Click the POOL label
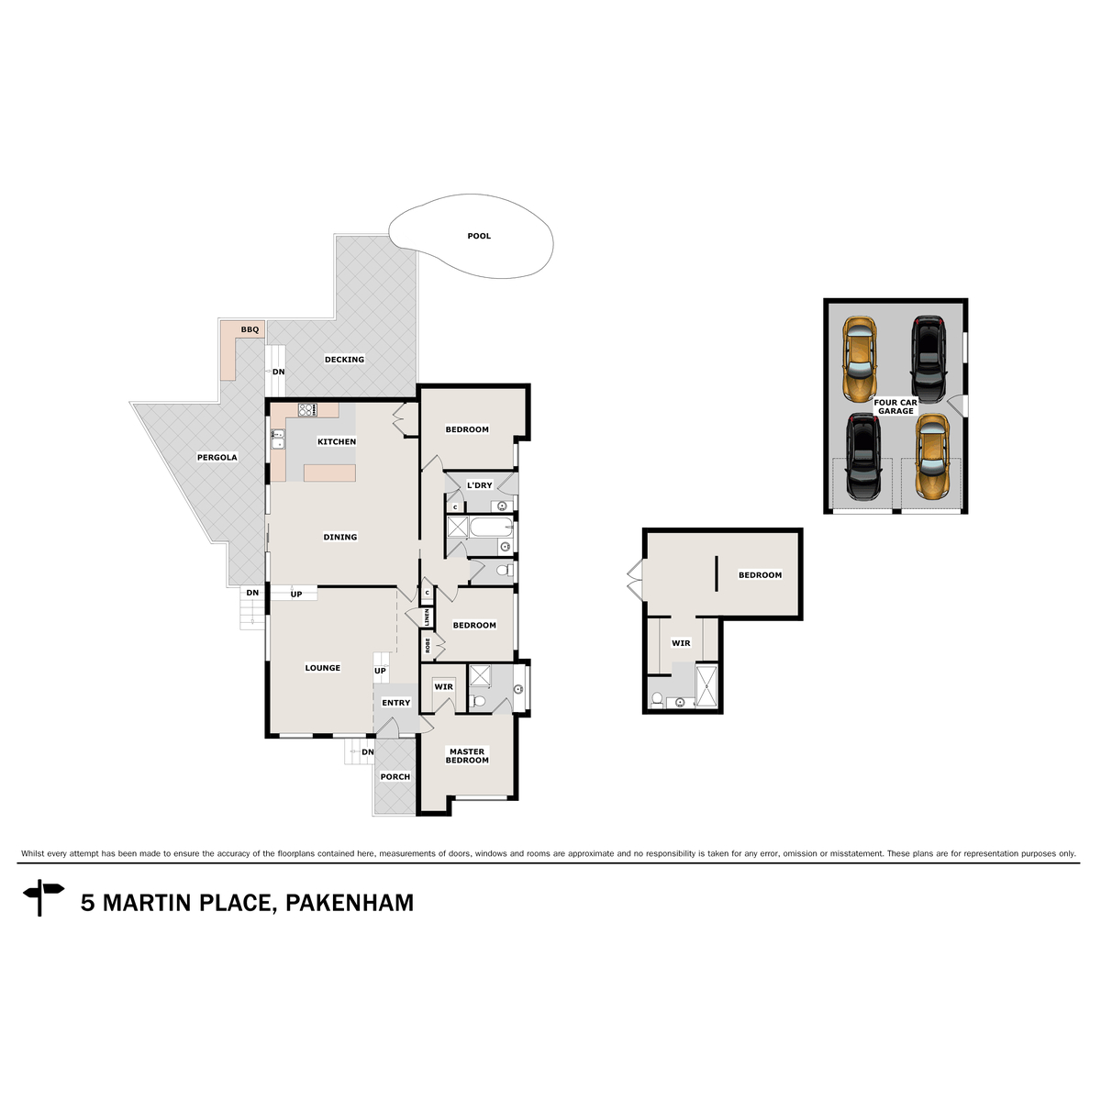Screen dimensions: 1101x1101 pyautogui.click(x=479, y=237)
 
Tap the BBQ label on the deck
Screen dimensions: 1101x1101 pyautogui.click(x=250, y=329)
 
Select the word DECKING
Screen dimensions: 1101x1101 pyautogui.click(x=344, y=360)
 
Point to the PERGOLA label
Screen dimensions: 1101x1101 pyautogui.click(x=217, y=457)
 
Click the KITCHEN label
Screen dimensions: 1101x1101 pyautogui.click(x=337, y=442)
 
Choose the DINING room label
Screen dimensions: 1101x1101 pyautogui.click(x=339, y=538)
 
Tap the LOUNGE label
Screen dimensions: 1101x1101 pyautogui.click(x=322, y=668)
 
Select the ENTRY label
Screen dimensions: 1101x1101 pyautogui.click(x=396, y=703)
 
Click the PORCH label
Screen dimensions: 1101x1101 pyautogui.click(x=395, y=777)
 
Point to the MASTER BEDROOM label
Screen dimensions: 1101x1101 pyautogui.click(x=467, y=756)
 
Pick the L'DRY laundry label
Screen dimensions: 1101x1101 pyautogui.click(x=479, y=485)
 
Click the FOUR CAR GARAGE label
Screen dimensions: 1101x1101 pyautogui.click(x=895, y=406)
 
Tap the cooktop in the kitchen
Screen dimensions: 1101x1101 pyautogui.click(x=306, y=410)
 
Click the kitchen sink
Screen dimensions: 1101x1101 pyautogui.click(x=277, y=440)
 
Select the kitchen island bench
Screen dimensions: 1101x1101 pyautogui.click(x=329, y=473)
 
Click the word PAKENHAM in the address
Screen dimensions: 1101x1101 pyautogui.click(x=350, y=903)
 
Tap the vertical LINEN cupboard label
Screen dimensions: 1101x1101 pyautogui.click(x=427, y=617)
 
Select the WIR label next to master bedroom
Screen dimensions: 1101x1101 pyautogui.click(x=443, y=687)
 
